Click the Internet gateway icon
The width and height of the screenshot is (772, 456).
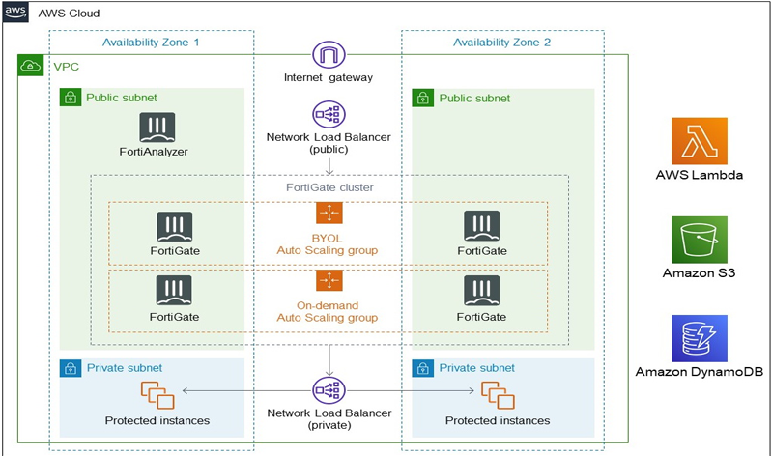[x=329, y=55]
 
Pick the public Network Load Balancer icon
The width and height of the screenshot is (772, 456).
[x=329, y=114]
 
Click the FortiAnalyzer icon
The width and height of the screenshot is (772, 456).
[x=156, y=128]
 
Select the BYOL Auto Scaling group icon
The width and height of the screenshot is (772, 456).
[x=329, y=214]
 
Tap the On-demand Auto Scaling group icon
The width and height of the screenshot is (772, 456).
[x=329, y=280]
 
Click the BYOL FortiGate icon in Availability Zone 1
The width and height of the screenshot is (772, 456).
[x=174, y=226]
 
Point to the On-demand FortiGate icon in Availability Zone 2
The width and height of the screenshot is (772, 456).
[x=481, y=291]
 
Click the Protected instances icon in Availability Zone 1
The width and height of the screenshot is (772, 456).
[x=156, y=394]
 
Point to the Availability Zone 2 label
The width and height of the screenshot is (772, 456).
[x=502, y=42]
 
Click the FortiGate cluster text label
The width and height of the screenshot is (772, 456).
[x=329, y=186]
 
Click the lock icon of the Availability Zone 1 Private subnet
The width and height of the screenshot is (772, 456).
[x=70, y=368]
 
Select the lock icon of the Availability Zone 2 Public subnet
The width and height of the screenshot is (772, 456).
[x=422, y=98]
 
